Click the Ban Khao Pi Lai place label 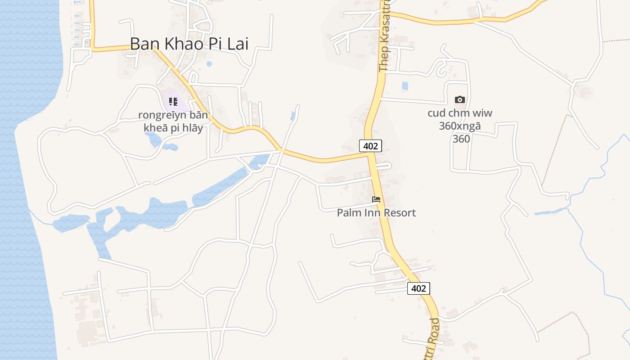coord(189,44)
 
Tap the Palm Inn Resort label coord(376,212)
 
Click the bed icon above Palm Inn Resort coord(376,199)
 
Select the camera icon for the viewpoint coord(459,100)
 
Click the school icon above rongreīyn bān coord(173,102)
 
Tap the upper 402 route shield coord(370,145)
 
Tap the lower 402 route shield coord(418,288)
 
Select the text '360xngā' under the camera coord(460,126)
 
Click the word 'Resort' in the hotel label coord(398,212)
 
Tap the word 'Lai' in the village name coord(238,44)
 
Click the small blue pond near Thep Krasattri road coord(405,85)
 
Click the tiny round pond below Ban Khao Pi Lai coord(209,64)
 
